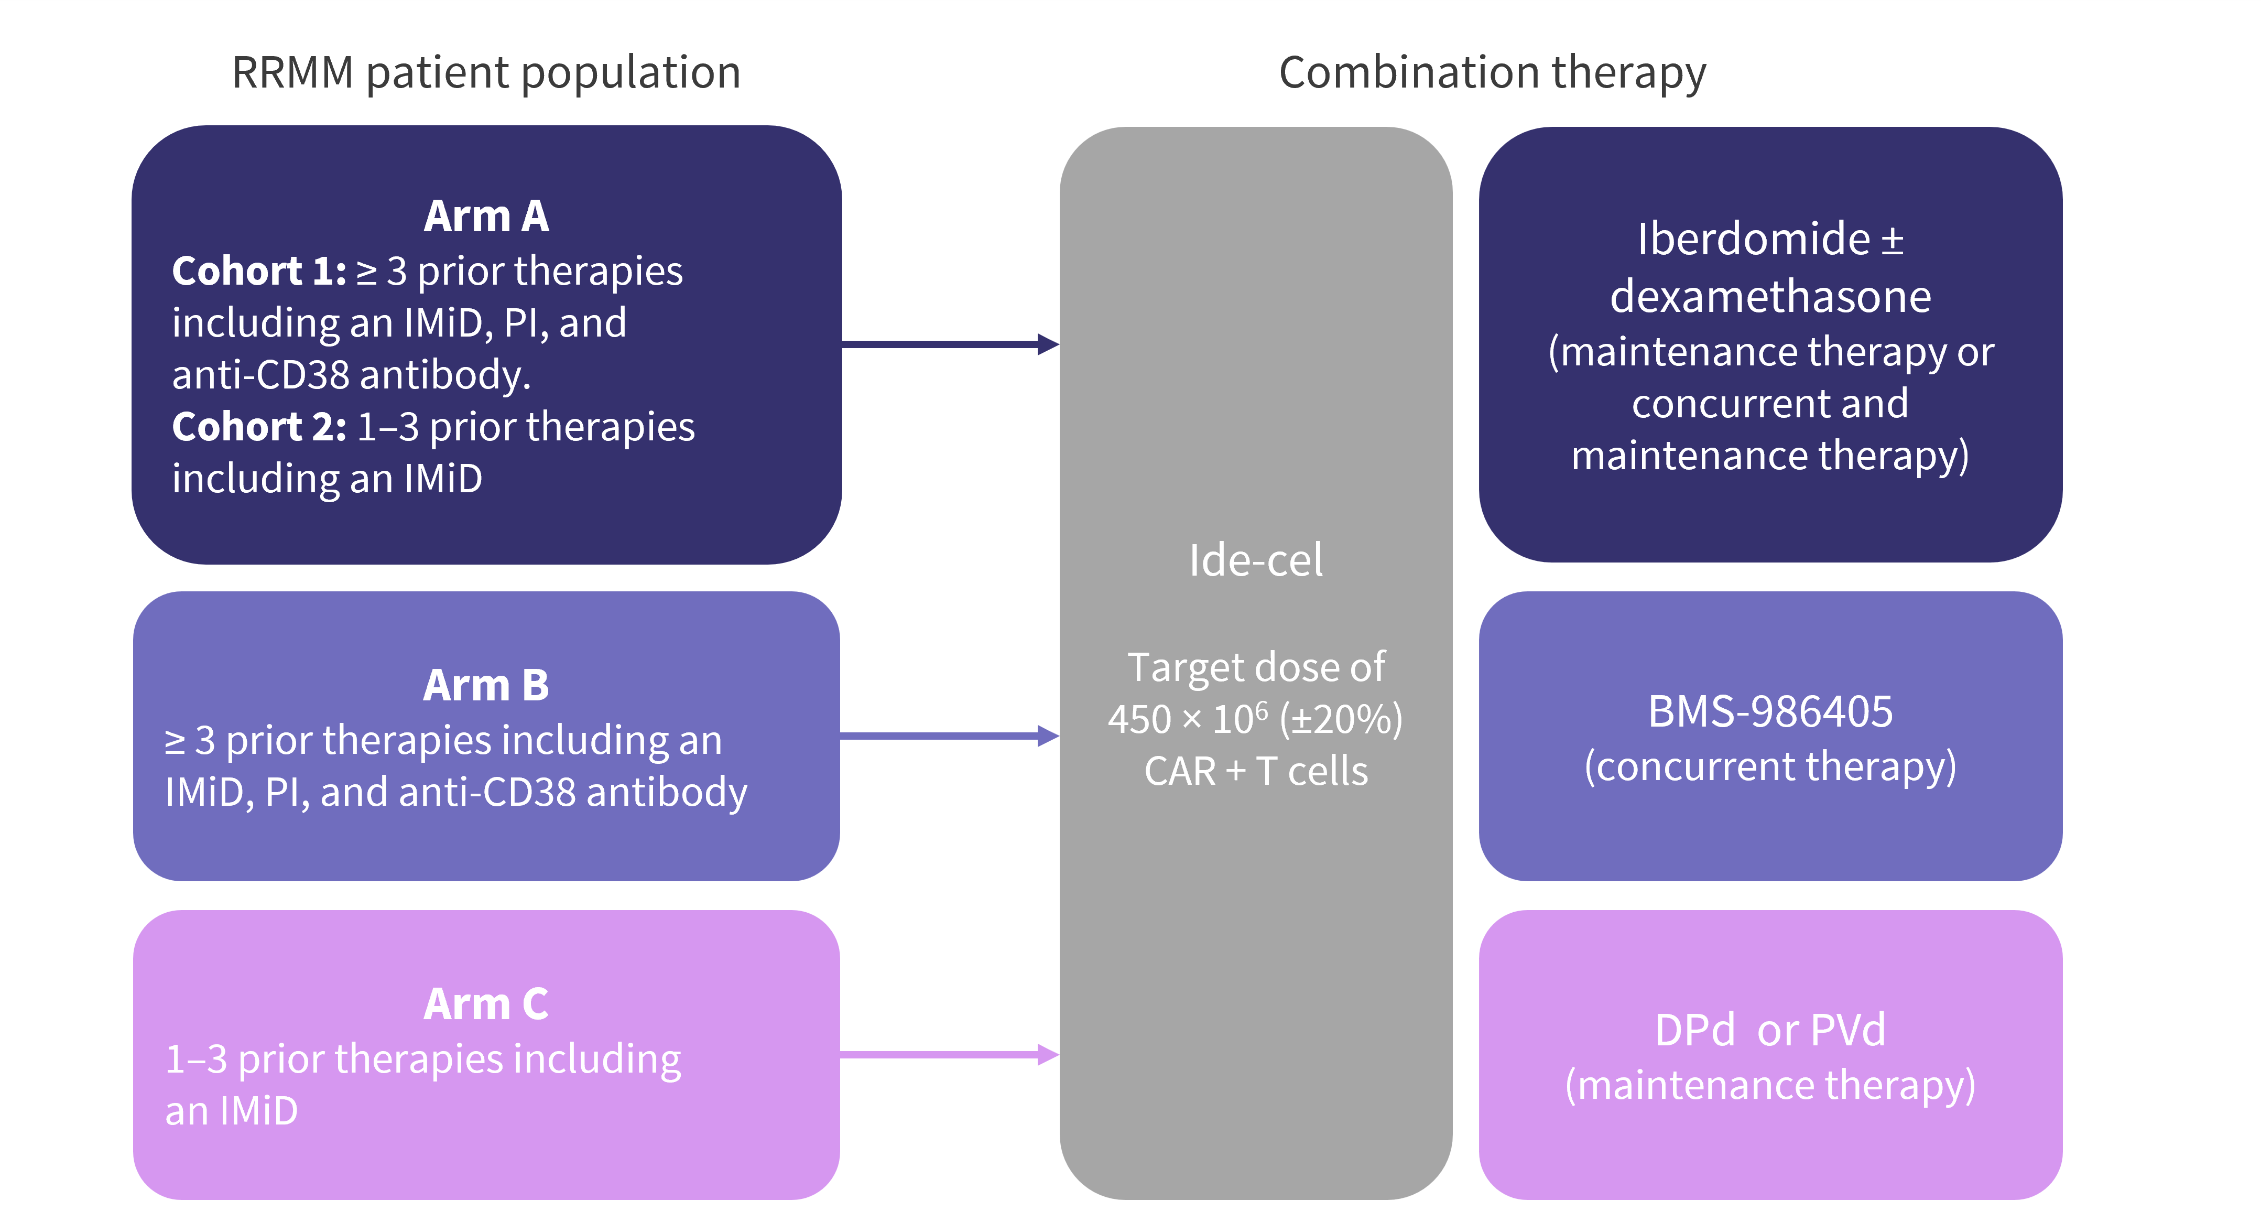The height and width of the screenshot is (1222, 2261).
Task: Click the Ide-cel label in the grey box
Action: click(1255, 560)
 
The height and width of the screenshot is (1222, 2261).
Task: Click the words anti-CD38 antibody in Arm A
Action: click(351, 375)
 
